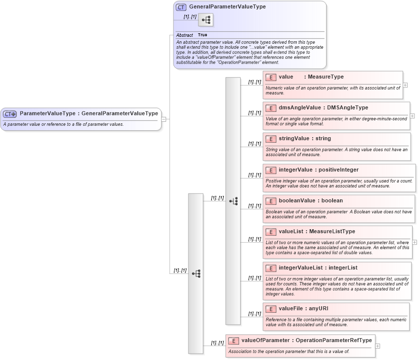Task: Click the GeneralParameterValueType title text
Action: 227,7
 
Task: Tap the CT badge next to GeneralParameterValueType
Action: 181,7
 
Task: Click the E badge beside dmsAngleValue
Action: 271,108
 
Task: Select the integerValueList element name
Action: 300,268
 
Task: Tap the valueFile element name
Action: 291,309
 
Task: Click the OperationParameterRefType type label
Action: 334,341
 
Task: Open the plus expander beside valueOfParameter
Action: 378,346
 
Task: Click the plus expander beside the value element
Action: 406,85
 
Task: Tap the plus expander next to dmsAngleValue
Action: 412,116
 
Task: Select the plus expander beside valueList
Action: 415,242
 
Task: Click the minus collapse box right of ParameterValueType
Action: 164,119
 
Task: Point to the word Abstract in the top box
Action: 184,35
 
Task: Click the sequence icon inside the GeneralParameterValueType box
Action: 206,20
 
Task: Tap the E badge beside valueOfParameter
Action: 233,341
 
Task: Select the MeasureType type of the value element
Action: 326,77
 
